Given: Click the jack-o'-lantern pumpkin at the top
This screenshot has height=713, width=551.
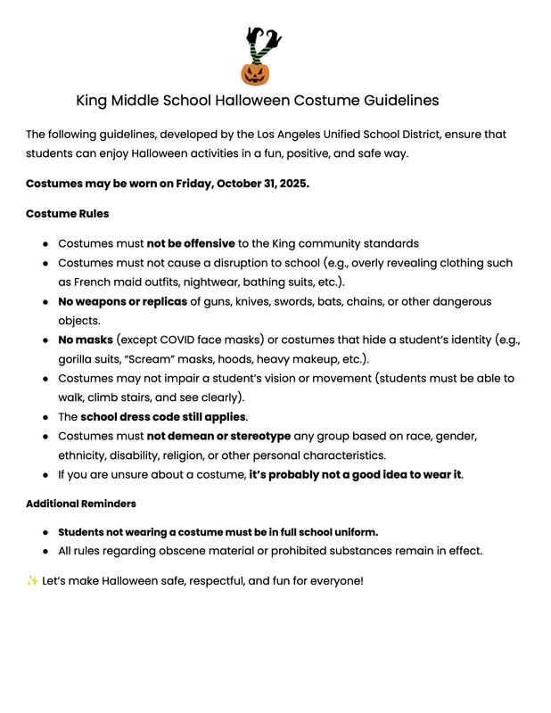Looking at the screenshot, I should (256, 71).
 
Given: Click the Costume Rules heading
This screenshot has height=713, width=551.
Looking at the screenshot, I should (68, 214).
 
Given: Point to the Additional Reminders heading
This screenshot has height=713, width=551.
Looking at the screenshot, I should (81, 504).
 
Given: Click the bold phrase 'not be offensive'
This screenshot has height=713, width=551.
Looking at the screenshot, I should (191, 243).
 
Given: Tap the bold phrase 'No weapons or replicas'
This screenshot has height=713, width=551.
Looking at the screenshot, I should (122, 301).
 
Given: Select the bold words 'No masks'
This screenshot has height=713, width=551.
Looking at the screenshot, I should (86, 340).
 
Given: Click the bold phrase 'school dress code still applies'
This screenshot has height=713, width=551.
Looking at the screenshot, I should (163, 416).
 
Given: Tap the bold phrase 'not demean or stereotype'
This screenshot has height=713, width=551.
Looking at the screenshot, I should (218, 436).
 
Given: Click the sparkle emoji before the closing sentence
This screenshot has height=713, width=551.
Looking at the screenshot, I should (32, 581).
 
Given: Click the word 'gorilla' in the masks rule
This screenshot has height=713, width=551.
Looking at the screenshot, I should (78, 359).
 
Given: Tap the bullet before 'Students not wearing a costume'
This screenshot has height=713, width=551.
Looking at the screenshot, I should (45, 532).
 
